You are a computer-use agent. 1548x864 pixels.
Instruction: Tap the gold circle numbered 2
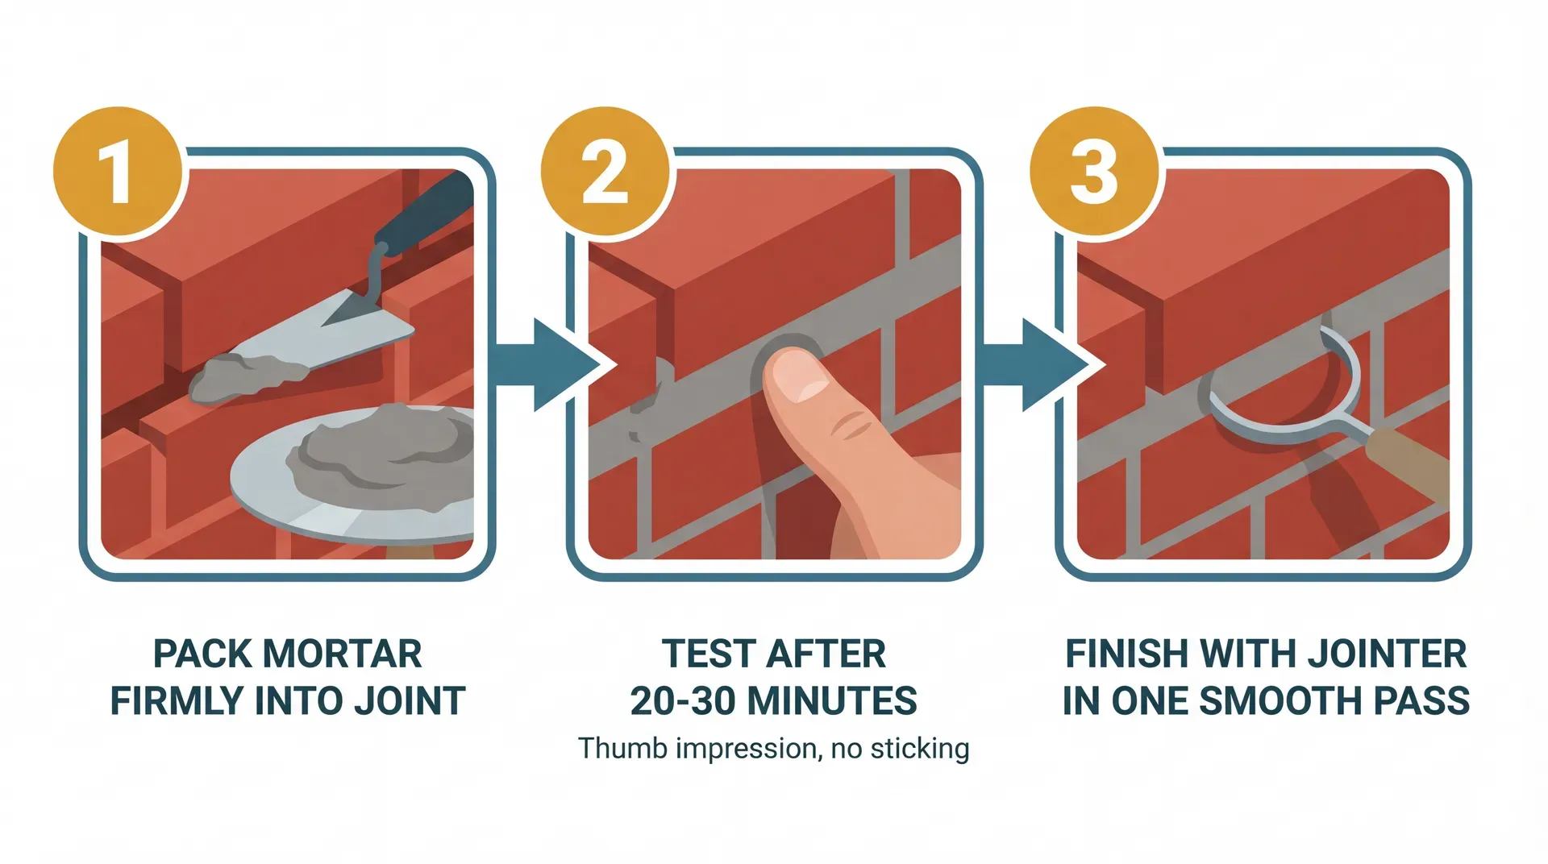pyautogui.click(x=605, y=172)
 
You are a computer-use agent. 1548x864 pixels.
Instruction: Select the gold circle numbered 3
pyautogui.click(x=1094, y=172)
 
